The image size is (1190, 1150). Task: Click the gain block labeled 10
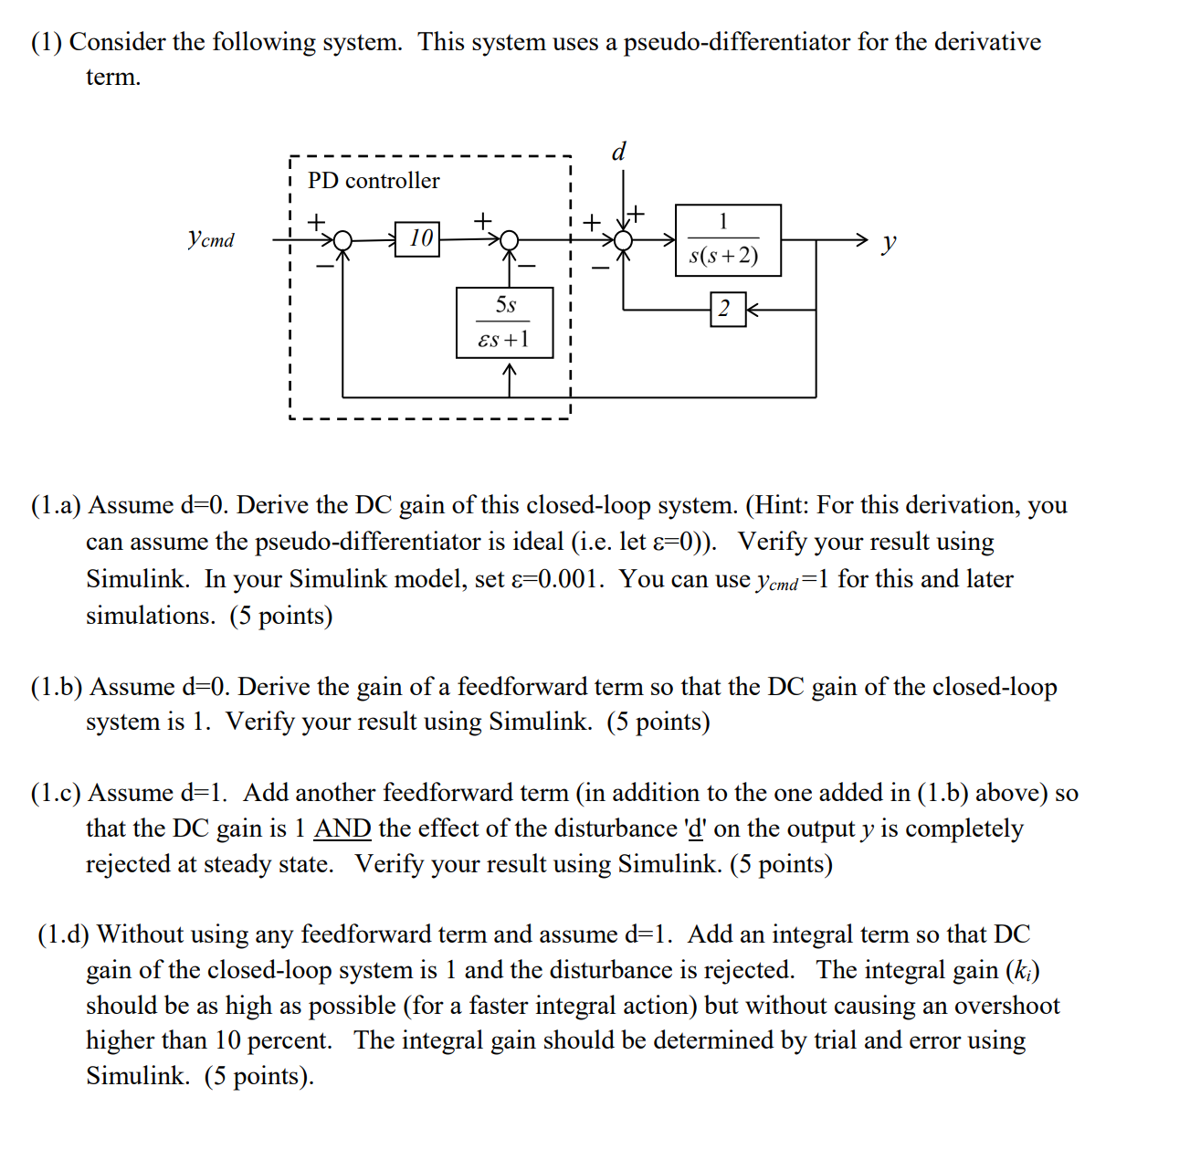(417, 239)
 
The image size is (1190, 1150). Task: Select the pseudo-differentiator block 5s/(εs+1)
(504, 322)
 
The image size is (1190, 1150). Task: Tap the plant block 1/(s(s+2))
(727, 239)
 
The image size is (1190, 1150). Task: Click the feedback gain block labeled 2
(726, 309)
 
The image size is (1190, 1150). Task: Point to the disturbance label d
(618, 151)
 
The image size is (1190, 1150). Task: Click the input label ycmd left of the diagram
(211, 239)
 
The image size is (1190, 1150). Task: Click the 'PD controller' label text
(374, 181)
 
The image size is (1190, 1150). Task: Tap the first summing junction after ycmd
(342, 240)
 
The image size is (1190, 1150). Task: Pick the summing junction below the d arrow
(623, 240)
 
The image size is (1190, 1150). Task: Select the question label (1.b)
(57, 687)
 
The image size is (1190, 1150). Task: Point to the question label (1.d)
(63, 934)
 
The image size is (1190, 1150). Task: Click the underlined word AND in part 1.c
(342, 828)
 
